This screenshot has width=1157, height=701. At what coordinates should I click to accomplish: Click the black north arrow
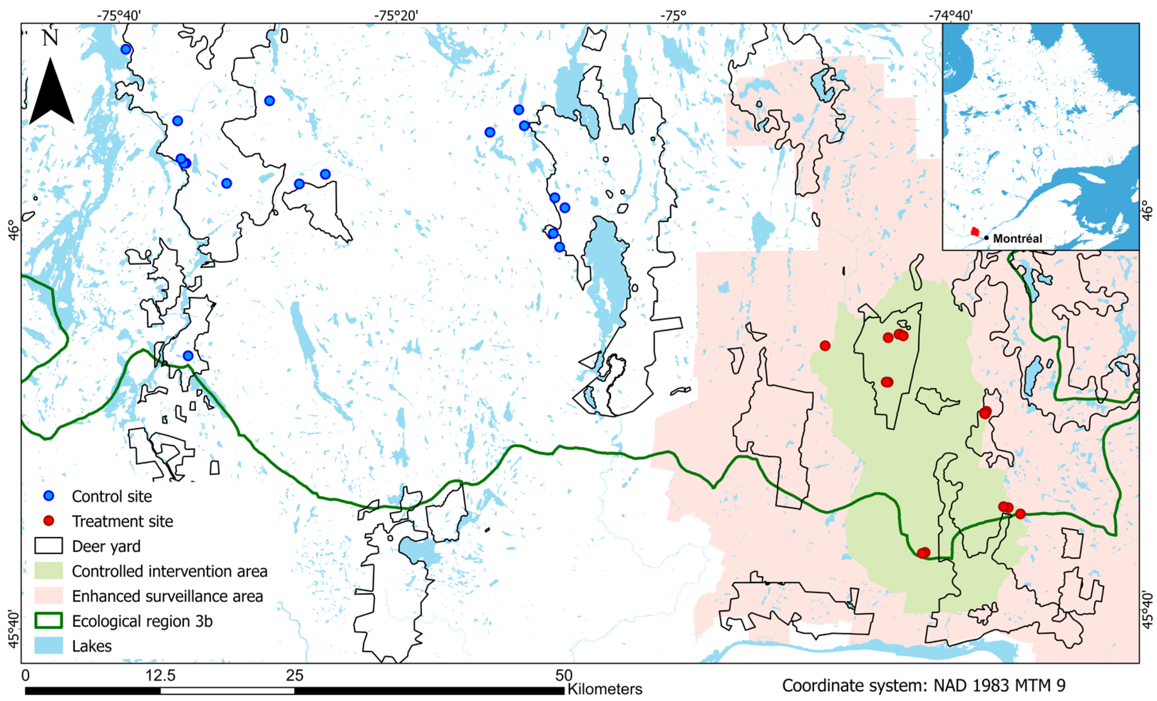tap(51, 94)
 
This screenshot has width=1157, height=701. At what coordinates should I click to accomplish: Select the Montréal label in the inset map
tap(1018, 239)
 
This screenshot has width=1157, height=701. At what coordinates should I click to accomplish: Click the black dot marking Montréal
tap(987, 238)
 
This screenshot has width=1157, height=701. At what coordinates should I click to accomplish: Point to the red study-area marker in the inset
tap(975, 232)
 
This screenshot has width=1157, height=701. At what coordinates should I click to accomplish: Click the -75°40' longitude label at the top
tap(119, 15)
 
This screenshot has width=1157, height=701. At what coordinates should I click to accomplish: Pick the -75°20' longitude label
tap(396, 15)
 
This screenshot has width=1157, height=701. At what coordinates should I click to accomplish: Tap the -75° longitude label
tap(673, 15)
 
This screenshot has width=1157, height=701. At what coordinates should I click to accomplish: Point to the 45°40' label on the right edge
tap(1148, 609)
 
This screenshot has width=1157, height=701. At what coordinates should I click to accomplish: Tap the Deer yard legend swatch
tap(48, 546)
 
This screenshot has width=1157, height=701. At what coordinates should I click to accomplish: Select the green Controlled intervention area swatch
tap(48, 571)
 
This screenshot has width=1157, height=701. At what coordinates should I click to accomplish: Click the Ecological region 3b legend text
tap(142, 621)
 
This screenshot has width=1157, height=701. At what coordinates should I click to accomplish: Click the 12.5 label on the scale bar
tap(161, 676)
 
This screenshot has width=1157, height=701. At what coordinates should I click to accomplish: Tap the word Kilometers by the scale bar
tap(605, 689)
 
